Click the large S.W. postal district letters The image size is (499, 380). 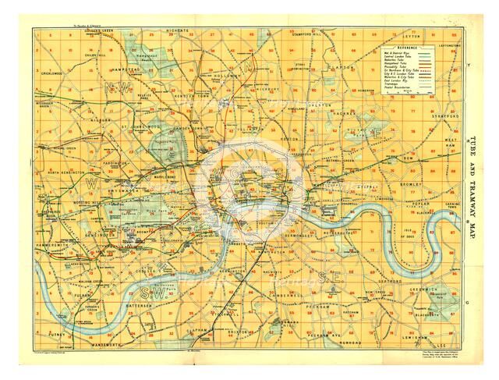tap(153, 293)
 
